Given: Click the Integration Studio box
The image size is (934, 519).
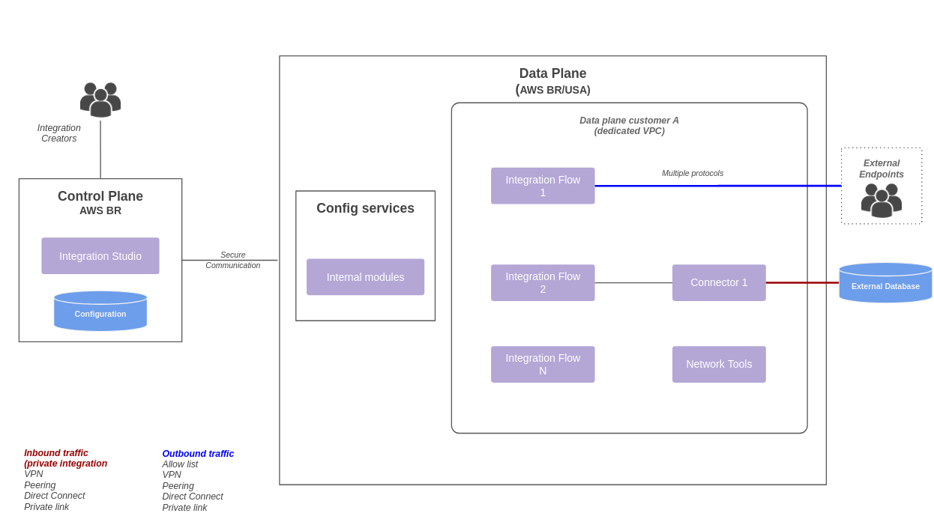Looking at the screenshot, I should click(x=100, y=256).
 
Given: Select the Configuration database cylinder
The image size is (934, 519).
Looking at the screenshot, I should click(x=100, y=312).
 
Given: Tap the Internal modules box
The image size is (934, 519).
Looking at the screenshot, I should click(x=365, y=277).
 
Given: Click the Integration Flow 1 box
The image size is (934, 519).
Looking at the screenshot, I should click(x=543, y=186).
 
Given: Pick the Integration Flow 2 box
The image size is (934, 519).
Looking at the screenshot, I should click(x=543, y=282).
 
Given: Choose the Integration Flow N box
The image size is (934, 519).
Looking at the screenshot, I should click(x=543, y=364).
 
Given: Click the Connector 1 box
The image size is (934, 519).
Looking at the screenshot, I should click(x=719, y=282).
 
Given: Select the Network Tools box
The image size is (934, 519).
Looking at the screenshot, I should click(x=719, y=364).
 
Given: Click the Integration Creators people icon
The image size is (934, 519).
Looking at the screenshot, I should click(x=100, y=100).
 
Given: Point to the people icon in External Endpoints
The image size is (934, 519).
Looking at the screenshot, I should click(x=882, y=200).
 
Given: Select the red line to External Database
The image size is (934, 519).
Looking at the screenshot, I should click(x=802, y=282).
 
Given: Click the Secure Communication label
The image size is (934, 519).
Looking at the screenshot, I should click(x=233, y=260).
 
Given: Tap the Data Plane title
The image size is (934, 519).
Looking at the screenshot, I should click(x=552, y=74).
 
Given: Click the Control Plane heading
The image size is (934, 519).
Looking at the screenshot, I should click(x=100, y=196).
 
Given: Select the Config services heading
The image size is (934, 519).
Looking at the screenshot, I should click(x=365, y=208).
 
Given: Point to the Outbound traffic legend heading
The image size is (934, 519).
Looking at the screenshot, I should click(x=198, y=454).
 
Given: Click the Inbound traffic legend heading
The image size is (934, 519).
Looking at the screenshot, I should click(x=56, y=453).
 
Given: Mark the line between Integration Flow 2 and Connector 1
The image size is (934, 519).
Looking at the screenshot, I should click(x=633, y=282).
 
